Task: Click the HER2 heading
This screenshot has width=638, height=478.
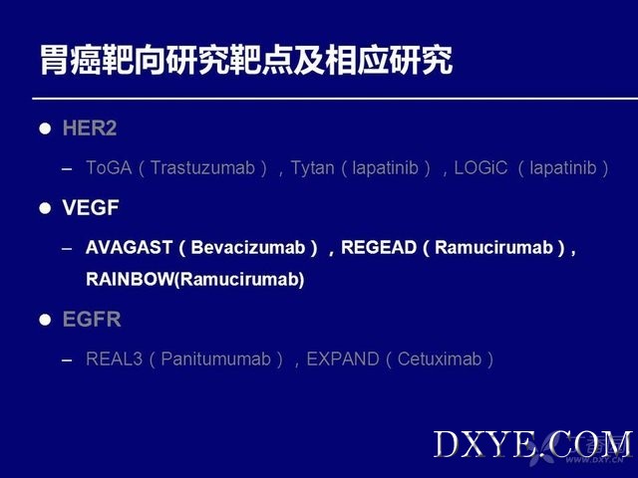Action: tap(90, 128)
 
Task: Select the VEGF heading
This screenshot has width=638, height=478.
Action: tap(91, 208)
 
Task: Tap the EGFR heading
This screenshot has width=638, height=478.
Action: tap(92, 319)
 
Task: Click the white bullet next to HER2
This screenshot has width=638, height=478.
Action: tap(45, 128)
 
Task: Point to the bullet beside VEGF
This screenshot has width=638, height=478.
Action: tap(45, 208)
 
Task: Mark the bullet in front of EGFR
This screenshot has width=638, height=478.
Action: tap(45, 320)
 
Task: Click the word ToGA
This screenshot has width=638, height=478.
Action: tap(109, 168)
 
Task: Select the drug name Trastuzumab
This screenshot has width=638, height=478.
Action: tap(202, 168)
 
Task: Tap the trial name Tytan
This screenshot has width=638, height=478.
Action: tap(312, 168)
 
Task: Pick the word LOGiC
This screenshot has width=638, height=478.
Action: tap(480, 168)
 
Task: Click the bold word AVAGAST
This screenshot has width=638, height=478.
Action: tap(129, 248)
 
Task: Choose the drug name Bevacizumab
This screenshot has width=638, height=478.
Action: tap(248, 248)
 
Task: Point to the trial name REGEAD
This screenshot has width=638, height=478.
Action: tap(379, 248)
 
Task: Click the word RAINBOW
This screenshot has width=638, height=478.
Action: tap(130, 279)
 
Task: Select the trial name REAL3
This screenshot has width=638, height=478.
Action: tap(114, 358)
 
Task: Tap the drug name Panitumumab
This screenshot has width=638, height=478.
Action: tap(215, 358)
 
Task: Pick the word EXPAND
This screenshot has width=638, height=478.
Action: tap(343, 358)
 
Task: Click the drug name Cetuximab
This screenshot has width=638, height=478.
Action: tap(440, 358)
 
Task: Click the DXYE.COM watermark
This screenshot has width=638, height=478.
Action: tap(532, 445)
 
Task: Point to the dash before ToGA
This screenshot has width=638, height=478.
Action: tap(67, 169)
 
